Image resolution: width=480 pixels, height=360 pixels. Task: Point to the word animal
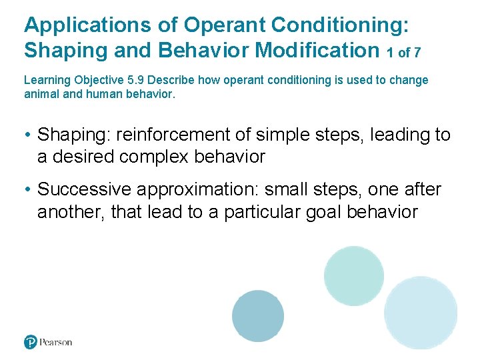coord(40,94)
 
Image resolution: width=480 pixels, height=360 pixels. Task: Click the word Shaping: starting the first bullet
coord(74,135)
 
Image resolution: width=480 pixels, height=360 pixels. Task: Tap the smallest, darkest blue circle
coord(258,316)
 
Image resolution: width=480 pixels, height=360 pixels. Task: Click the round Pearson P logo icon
coord(31,342)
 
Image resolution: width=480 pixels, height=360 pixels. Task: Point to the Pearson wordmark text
coord(56,342)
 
